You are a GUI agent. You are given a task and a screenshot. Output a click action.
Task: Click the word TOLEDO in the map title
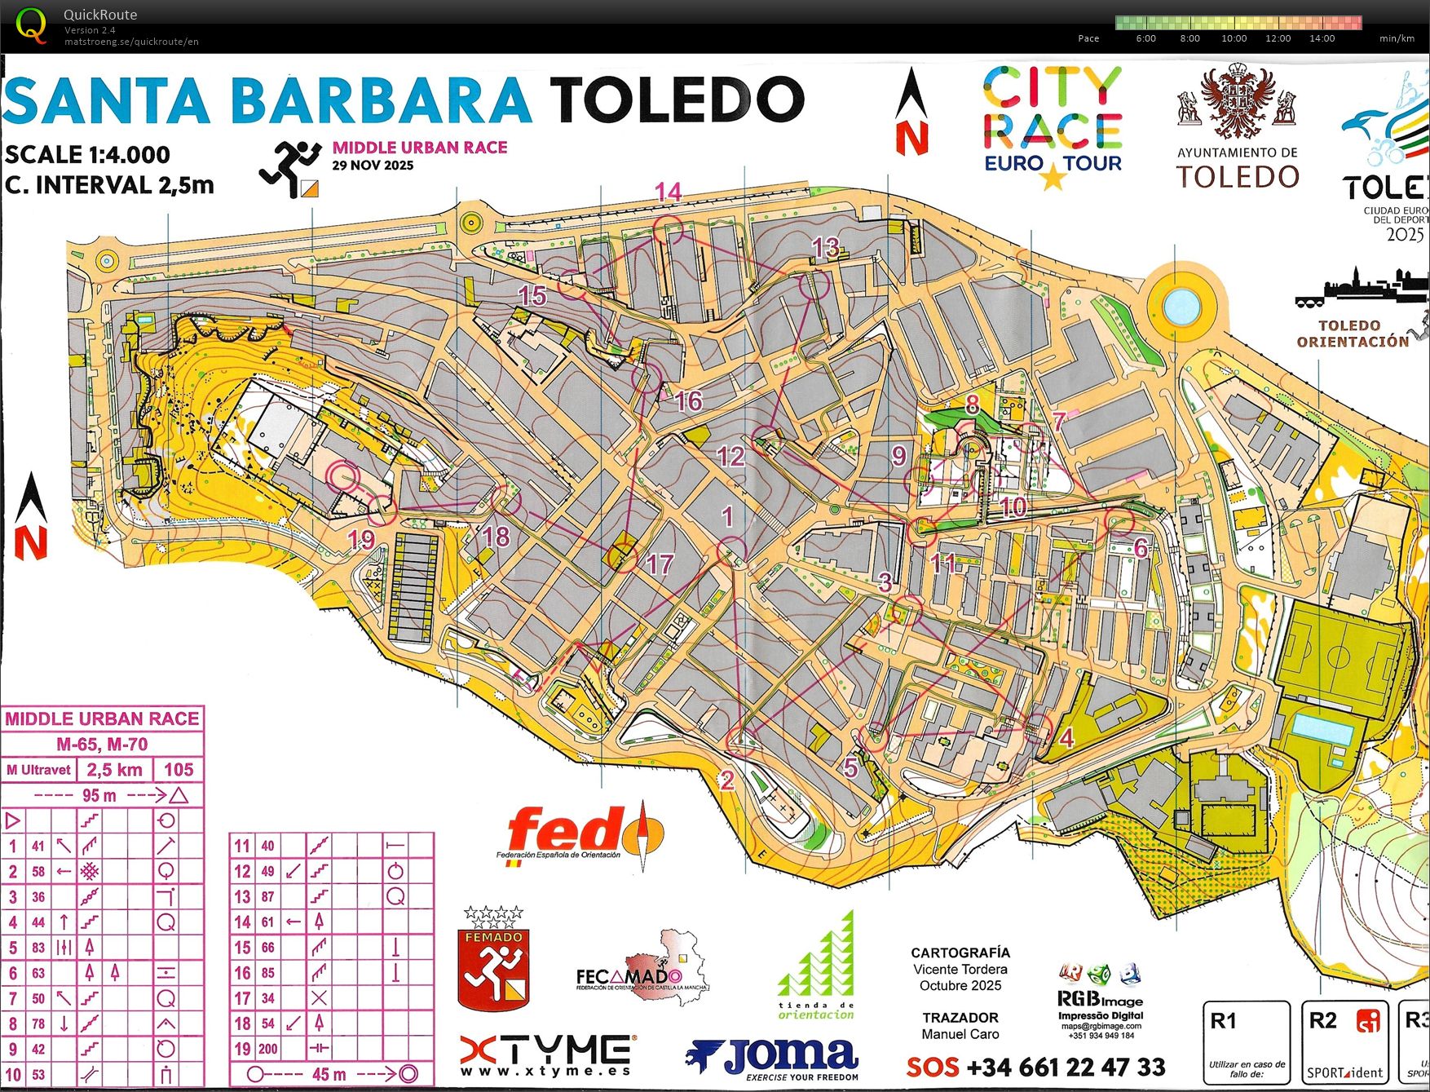tap(677, 100)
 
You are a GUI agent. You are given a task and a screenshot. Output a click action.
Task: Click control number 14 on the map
tap(668, 192)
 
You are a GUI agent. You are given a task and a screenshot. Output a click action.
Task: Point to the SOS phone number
tap(1037, 1067)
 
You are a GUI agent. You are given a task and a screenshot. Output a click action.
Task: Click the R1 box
tap(1246, 1041)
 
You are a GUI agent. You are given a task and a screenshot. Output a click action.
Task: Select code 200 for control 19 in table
tap(268, 1049)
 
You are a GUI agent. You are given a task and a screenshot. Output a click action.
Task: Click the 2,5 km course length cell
tap(114, 770)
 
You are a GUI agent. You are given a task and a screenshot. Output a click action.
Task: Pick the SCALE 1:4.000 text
tap(87, 154)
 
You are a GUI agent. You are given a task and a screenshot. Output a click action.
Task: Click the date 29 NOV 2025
tap(373, 166)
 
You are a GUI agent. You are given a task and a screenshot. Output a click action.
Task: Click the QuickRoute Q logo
tap(31, 24)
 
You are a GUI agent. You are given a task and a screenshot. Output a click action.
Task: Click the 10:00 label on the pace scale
tap(1234, 38)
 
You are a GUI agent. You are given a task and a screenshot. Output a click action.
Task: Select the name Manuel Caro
tap(960, 1034)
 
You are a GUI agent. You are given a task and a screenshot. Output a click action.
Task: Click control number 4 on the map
tap(1066, 738)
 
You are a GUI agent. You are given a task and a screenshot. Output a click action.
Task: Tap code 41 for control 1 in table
tap(38, 847)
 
